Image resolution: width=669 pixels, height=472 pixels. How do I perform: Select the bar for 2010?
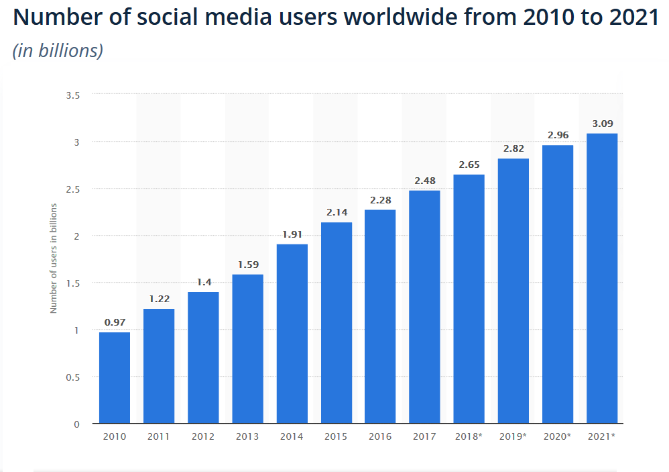coord(115,378)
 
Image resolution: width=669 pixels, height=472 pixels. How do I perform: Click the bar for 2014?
coord(292,334)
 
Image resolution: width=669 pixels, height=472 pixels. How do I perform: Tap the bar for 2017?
coord(424,307)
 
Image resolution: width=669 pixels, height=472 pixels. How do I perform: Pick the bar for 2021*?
coord(602,279)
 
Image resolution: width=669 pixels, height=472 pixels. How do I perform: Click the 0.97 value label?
coord(115,323)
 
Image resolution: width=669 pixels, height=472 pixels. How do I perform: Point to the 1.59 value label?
coord(247,265)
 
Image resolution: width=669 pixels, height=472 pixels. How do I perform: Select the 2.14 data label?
coord(336,213)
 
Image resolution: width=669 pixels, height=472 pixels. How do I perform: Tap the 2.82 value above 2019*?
coord(513,149)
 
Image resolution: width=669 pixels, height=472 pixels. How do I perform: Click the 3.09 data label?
coord(602,124)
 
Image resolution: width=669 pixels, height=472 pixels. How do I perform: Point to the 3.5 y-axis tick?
coord(72,95)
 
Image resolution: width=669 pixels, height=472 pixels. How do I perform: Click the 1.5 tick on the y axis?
coord(72,283)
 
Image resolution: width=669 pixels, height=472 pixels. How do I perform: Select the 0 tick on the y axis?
coord(77,424)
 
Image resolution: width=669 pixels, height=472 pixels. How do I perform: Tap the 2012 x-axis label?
coord(203,436)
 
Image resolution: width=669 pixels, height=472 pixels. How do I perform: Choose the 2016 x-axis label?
coord(380,436)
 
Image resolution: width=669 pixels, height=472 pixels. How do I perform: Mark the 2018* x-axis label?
coord(469,436)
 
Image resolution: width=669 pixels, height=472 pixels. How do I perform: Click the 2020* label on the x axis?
coord(558,436)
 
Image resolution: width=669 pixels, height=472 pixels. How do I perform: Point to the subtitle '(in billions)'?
coord(58,50)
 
